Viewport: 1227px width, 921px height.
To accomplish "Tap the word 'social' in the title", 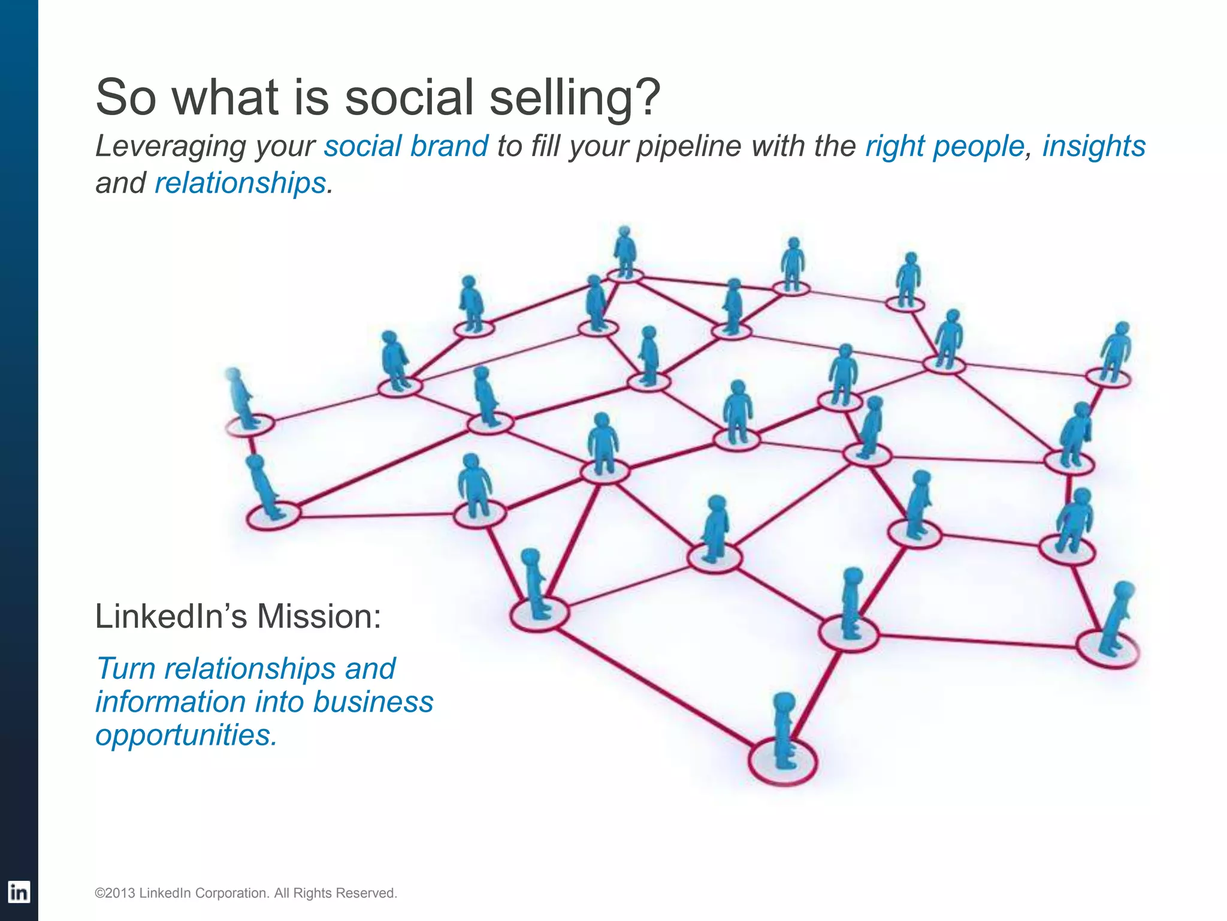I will (410, 97).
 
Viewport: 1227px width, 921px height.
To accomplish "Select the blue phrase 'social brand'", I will (406, 146).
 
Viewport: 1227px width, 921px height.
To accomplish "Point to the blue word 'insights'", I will (1093, 146).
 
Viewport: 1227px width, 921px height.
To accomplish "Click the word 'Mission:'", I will (319, 616).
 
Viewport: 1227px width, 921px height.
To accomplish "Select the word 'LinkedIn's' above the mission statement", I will (171, 616).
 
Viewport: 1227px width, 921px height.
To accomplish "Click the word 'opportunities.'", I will (186, 735).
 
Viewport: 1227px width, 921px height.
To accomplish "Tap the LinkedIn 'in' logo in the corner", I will (19, 892).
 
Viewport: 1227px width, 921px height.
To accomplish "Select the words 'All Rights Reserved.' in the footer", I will (336, 893).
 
